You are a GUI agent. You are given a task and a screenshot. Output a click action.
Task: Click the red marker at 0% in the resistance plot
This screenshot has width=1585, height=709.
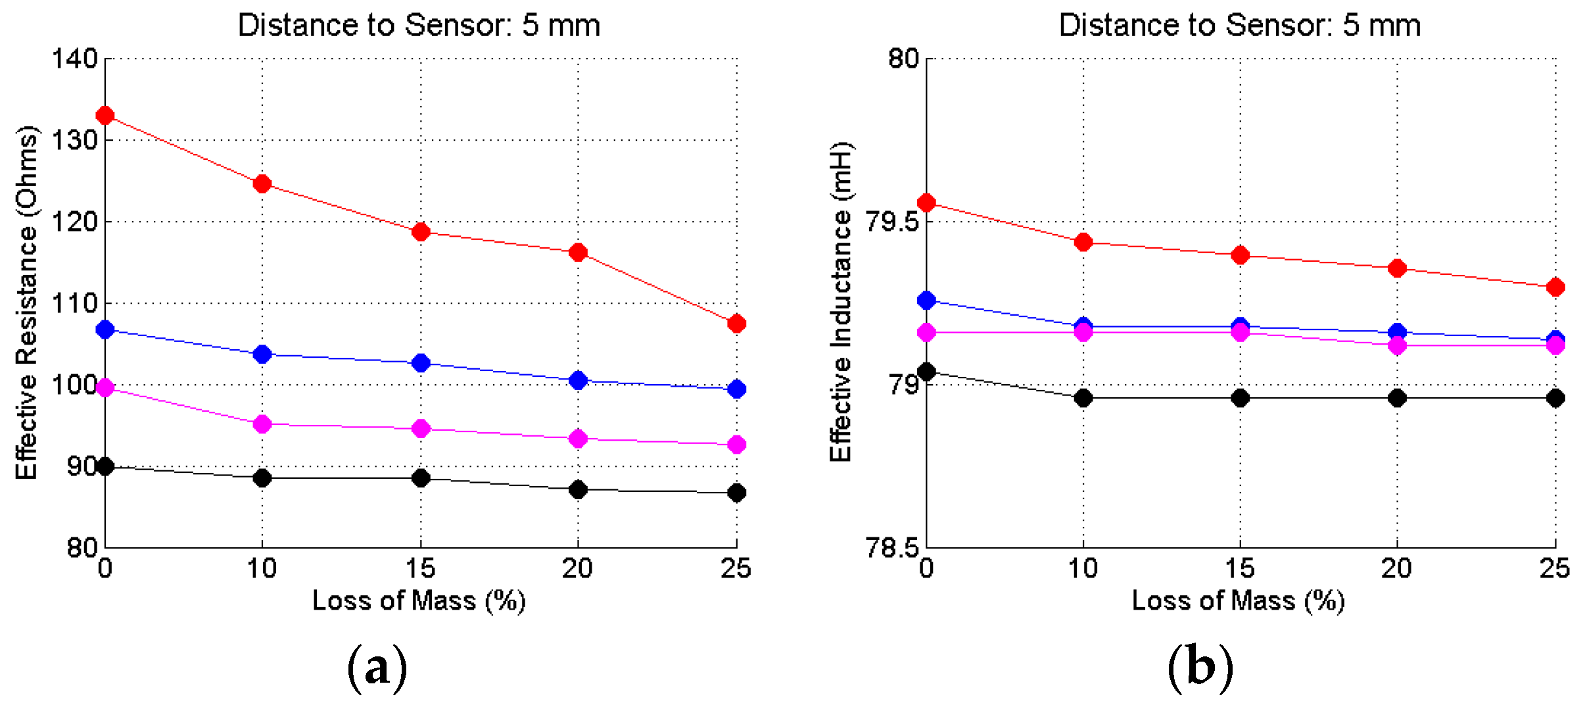(x=105, y=116)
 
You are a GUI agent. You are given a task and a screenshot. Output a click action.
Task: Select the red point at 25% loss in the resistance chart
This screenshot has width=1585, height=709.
(x=736, y=324)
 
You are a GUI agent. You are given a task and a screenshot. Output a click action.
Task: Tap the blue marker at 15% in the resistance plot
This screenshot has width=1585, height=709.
(x=421, y=363)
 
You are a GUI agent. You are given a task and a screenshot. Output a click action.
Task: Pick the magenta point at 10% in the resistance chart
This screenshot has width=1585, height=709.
(x=262, y=424)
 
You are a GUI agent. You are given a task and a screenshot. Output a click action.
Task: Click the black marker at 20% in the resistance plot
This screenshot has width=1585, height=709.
(x=578, y=490)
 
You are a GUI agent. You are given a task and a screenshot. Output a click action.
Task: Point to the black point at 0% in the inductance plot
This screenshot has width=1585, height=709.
(x=926, y=372)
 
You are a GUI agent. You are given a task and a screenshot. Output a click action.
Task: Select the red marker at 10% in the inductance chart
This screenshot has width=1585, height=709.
(x=1083, y=243)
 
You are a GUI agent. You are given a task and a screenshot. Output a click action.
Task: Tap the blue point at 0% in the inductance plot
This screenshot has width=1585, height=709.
(x=926, y=301)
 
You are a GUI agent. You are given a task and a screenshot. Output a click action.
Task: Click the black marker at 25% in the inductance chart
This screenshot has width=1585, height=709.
(x=1555, y=398)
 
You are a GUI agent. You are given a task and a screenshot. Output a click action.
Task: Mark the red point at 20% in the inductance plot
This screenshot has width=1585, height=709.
(x=1397, y=268)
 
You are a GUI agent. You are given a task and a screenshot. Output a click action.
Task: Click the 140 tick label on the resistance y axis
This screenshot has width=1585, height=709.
(x=74, y=59)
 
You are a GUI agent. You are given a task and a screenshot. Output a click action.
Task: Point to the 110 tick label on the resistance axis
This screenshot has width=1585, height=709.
(x=74, y=304)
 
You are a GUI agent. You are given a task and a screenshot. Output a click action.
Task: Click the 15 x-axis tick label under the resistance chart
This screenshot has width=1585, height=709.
(x=420, y=568)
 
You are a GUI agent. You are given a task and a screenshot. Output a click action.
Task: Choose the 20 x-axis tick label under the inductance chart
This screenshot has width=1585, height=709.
(x=1397, y=568)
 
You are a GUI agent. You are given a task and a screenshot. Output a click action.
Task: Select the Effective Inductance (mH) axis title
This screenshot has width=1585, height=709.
(x=841, y=303)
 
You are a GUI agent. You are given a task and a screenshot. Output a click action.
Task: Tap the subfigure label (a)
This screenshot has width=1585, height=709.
(x=377, y=668)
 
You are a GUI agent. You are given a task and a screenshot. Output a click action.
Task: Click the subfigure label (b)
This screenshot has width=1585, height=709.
(x=1200, y=668)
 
